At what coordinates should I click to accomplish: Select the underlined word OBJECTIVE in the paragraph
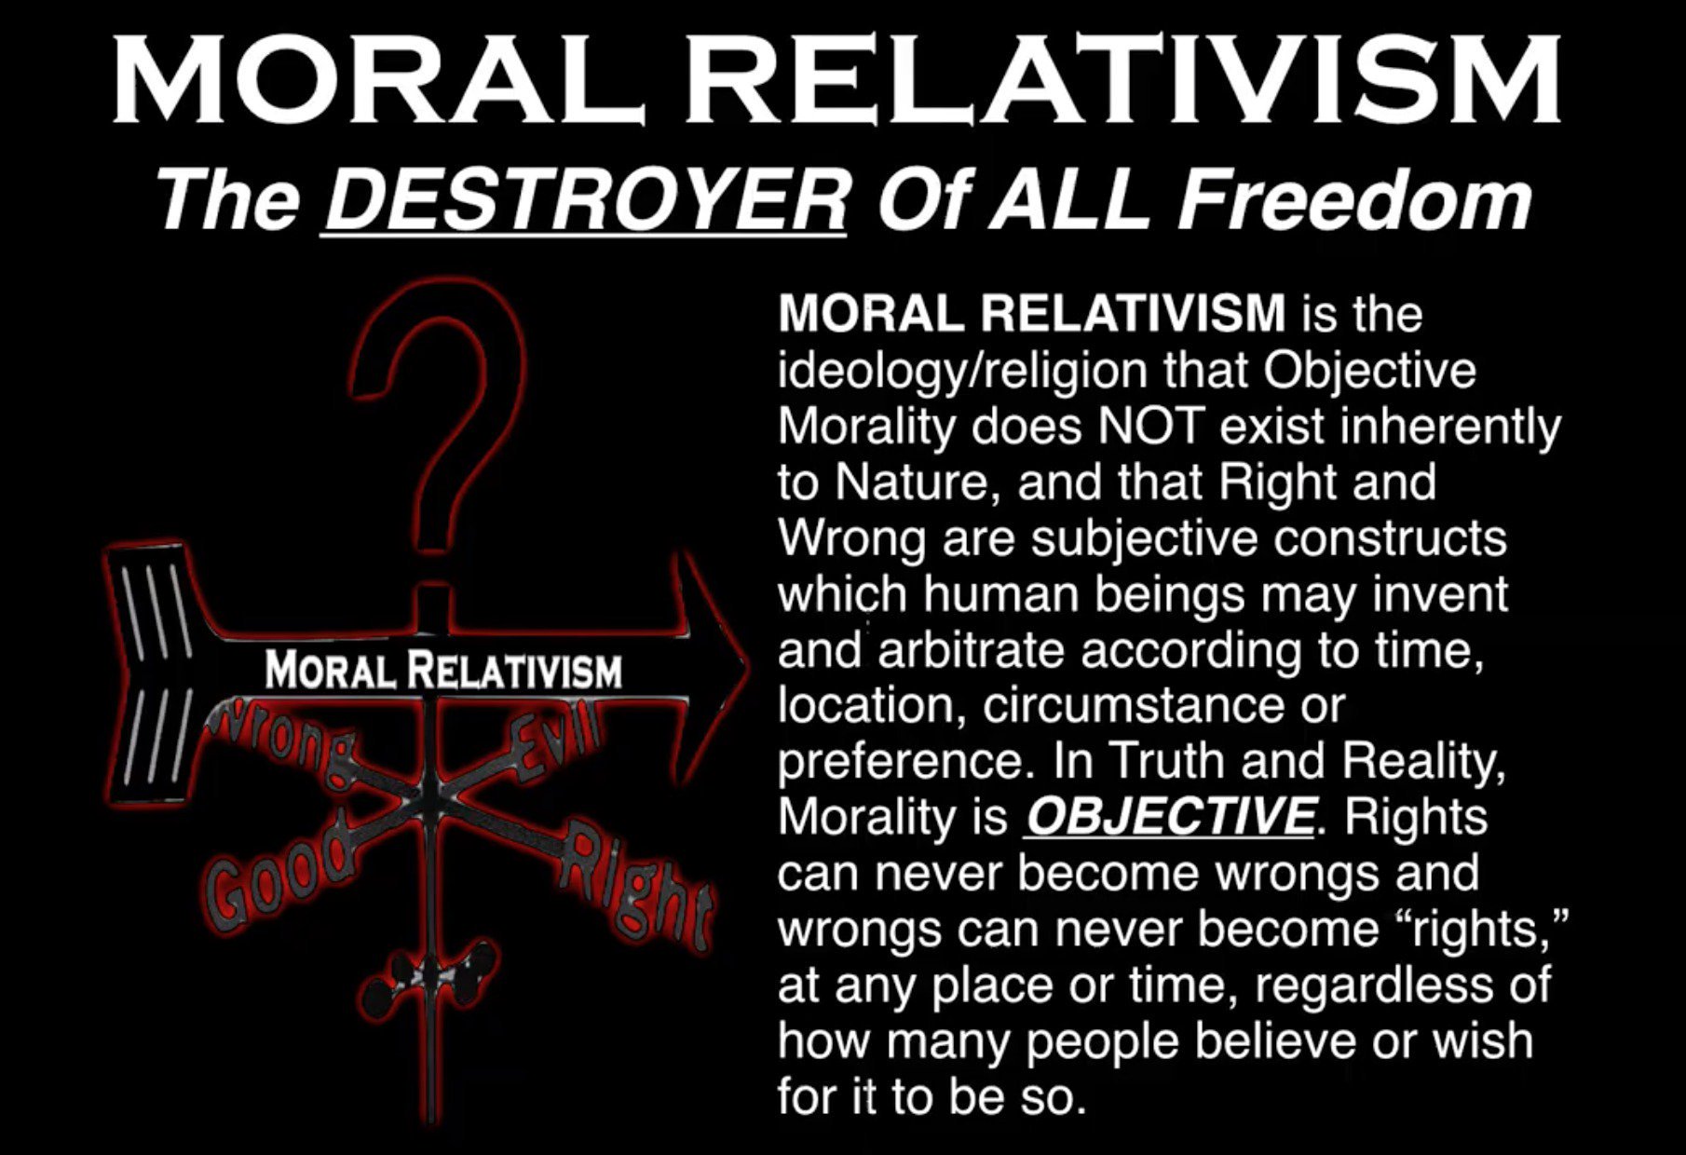pos(1170,817)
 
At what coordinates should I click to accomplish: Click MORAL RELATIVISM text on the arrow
pos(443,670)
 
